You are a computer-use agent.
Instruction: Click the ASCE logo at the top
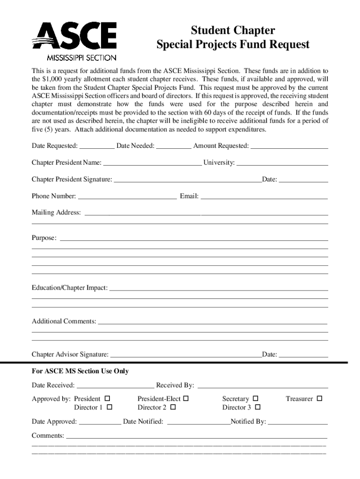pyautogui.click(x=74, y=41)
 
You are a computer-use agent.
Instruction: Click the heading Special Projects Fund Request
pyautogui.click(x=233, y=45)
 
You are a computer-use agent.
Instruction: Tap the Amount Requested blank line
pyautogui.click(x=289, y=147)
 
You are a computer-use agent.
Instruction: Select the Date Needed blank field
pyautogui.click(x=173, y=147)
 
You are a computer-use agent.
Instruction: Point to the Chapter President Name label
pyautogui.click(x=66, y=163)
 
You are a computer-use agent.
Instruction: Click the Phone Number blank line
pyautogui.click(x=127, y=197)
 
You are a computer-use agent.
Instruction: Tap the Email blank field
pyautogui.click(x=264, y=197)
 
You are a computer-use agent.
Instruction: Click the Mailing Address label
pyautogui.click(x=56, y=213)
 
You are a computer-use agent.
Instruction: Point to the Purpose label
pyautogui.click(x=44, y=238)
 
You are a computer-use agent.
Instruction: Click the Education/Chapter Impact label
pyautogui.click(x=70, y=288)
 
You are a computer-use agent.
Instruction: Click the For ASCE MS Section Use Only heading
pyautogui.click(x=80, y=371)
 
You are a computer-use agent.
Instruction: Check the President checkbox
pyautogui.click(x=107, y=399)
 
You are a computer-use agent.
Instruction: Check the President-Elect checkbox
pyautogui.click(x=186, y=399)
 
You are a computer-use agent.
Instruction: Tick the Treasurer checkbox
pyautogui.click(x=320, y=399)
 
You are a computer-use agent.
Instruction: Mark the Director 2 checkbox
pyautogui.click(x=173, y=407)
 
